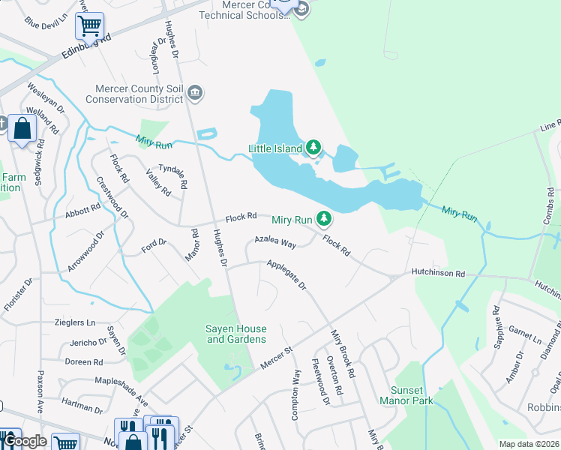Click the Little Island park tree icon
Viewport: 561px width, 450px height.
pyautogui.click(x=315, y=148)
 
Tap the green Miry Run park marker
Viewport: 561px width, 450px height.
pyautogui.click(x=324, y=218)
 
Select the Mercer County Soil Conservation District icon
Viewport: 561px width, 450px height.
pyautogui.click(x=196, y=93)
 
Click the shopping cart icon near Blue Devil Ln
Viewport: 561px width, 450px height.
pyautogui.click(x=89, y=25)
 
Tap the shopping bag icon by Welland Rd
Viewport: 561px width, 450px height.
pyautogui.click(x=22, y=128)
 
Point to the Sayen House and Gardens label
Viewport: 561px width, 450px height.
pyautogui.click(x=236, y=334)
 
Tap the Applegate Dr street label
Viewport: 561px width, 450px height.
pyautogui.click(x=286, y=274)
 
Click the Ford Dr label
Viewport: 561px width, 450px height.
pyautogui.click(x=153, y=244)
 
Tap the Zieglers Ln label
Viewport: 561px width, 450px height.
pyautogui.click(x=75, y=322)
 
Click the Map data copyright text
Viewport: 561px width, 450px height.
pyautogui.click(x=528, y=444)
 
